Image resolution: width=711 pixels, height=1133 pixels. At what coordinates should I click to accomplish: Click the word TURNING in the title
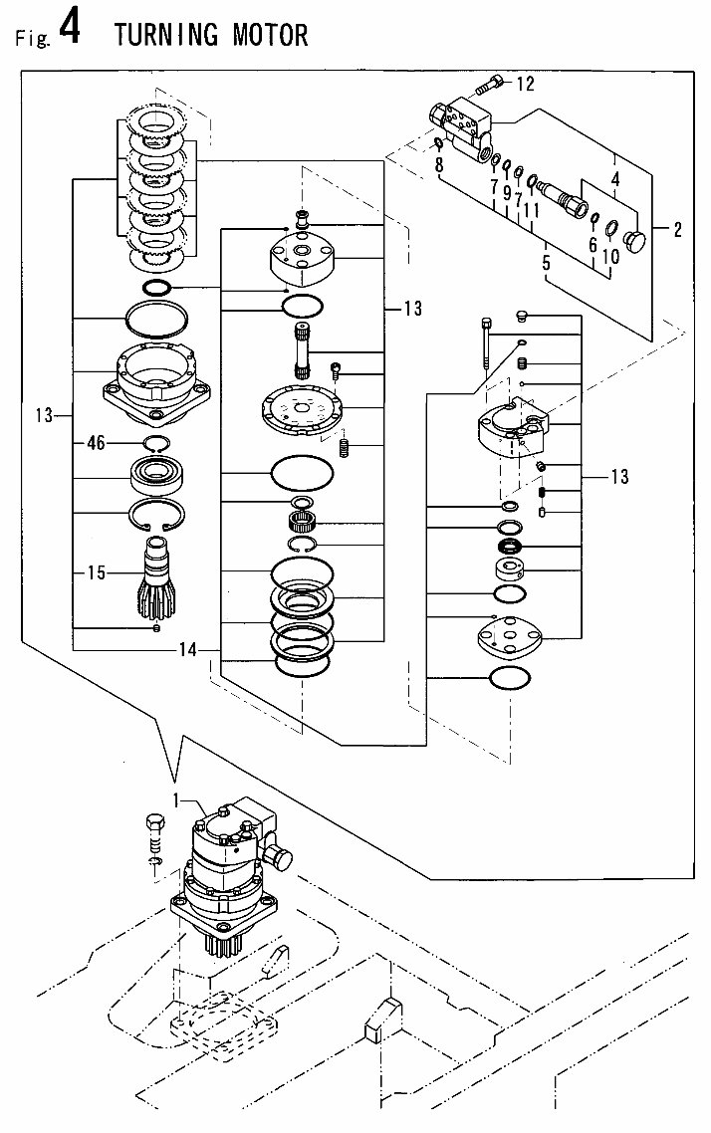click(167, 36)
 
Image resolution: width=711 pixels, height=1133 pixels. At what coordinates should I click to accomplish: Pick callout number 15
click(96, 572)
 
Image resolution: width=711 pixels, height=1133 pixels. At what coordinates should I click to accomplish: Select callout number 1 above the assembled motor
click(178, 798)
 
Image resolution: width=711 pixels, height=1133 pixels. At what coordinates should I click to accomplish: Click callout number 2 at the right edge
click(677, 231)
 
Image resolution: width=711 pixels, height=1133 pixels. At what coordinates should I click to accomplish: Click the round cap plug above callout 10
click(633, 240)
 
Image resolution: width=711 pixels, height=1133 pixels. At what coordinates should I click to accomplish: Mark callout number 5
click(545, 264)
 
